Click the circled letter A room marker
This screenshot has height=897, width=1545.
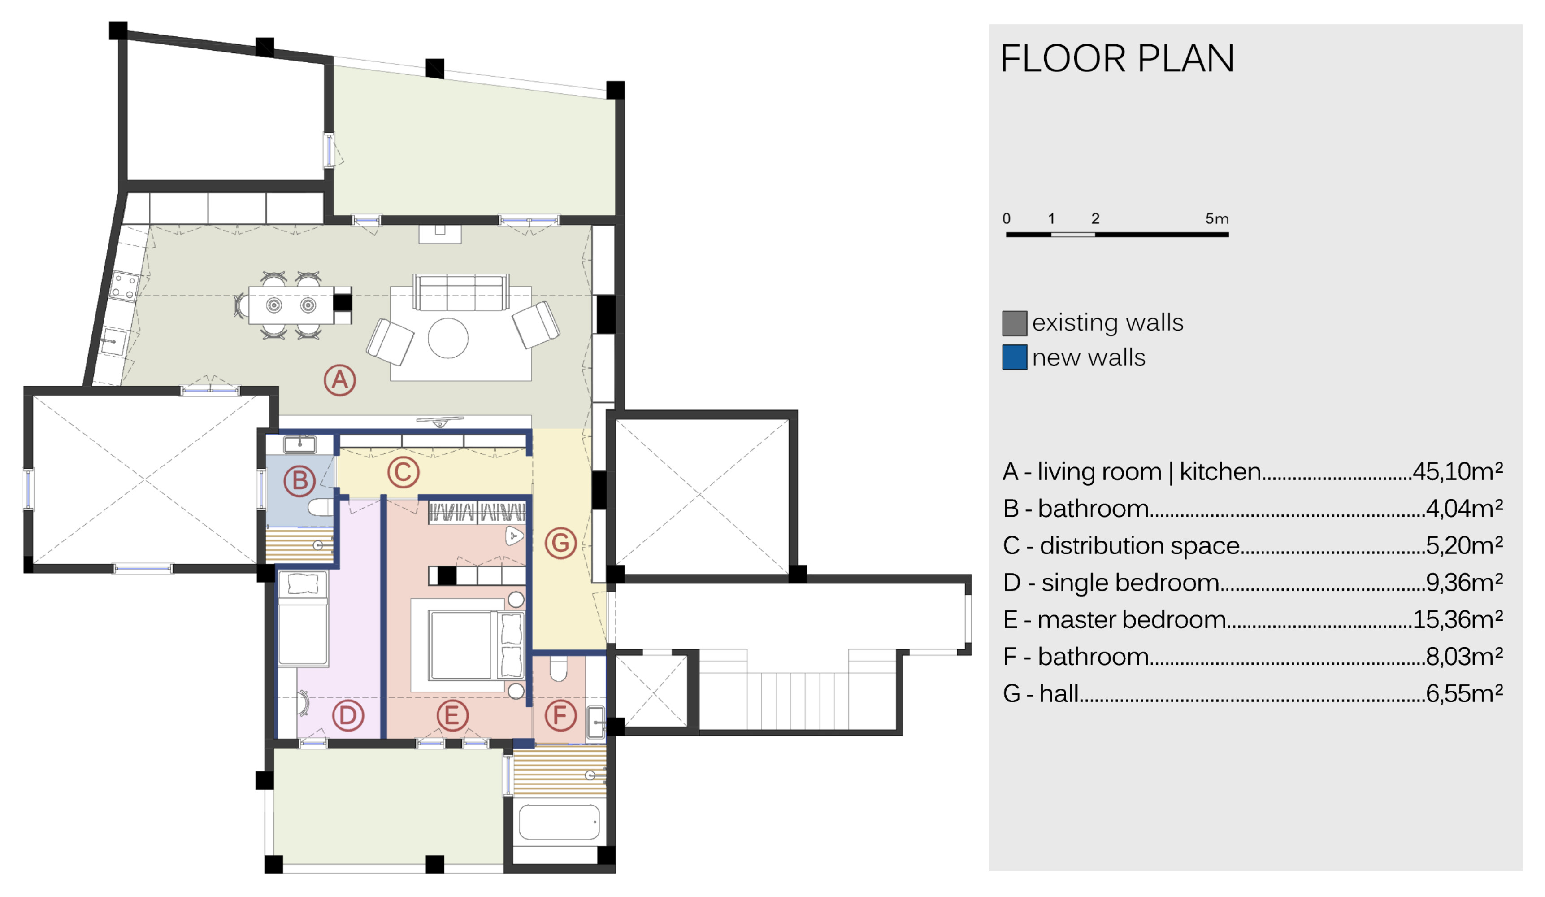340,381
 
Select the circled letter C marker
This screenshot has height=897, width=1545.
404,472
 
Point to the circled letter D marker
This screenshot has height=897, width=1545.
347,715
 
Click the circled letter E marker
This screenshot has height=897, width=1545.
452,715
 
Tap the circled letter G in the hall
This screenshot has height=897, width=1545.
560,543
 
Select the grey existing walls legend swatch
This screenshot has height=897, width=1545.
1015,323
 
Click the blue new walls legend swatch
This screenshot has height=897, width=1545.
1015,357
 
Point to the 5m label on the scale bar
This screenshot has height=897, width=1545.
1217,219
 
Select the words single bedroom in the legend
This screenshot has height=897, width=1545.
1130,583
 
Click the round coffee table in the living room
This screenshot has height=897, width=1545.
448,338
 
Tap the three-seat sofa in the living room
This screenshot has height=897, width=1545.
461,292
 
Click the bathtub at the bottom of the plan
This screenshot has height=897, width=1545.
559,822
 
